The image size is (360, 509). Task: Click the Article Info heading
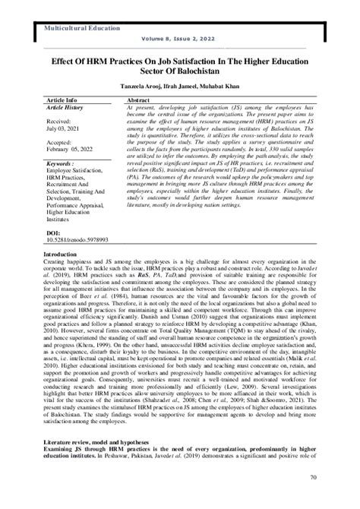point(65,100)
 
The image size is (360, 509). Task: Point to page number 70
point(312,498)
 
